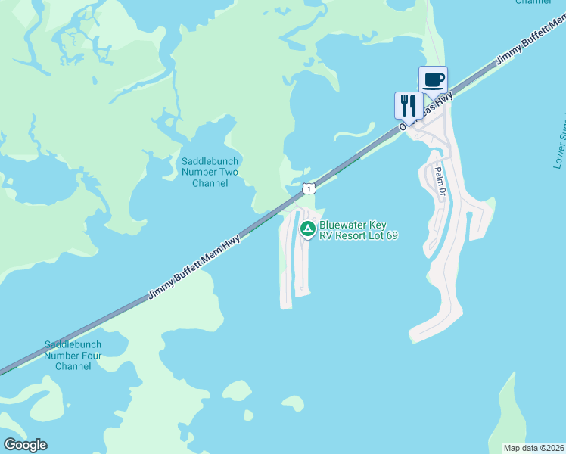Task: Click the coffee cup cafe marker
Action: point(434,80)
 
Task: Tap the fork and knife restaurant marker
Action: point(409,105)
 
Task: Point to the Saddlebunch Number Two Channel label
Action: point(210,173)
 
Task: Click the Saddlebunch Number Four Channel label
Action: point(73,355)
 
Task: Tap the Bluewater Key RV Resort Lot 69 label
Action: point(358,230)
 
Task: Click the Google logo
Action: point(25,444)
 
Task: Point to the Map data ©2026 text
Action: point(533,447)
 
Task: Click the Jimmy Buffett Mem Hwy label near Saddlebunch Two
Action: point(194,267)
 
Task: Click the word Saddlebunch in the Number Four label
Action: point(73,344)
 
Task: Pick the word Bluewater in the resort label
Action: point(343,225)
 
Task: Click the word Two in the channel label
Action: point(228,173)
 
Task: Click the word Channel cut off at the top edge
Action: point(533,2)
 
